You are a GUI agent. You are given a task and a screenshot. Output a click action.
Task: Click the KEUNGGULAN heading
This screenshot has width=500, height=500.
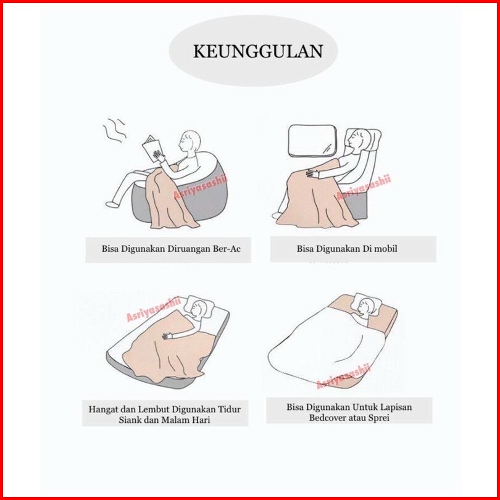[258, 51]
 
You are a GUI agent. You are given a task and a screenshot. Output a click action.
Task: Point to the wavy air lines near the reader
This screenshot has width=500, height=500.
[114, 130]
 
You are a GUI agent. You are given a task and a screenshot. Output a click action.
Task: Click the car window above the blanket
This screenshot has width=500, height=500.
[312, 141]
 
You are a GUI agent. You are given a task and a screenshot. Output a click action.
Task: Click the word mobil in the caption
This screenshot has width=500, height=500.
[385, 248]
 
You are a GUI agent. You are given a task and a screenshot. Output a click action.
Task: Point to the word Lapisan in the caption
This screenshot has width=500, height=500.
[396, 407]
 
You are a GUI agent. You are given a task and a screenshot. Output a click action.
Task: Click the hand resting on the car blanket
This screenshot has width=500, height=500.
[312, 173]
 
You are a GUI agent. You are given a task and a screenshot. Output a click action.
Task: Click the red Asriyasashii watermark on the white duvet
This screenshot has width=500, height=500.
[343, 377]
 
